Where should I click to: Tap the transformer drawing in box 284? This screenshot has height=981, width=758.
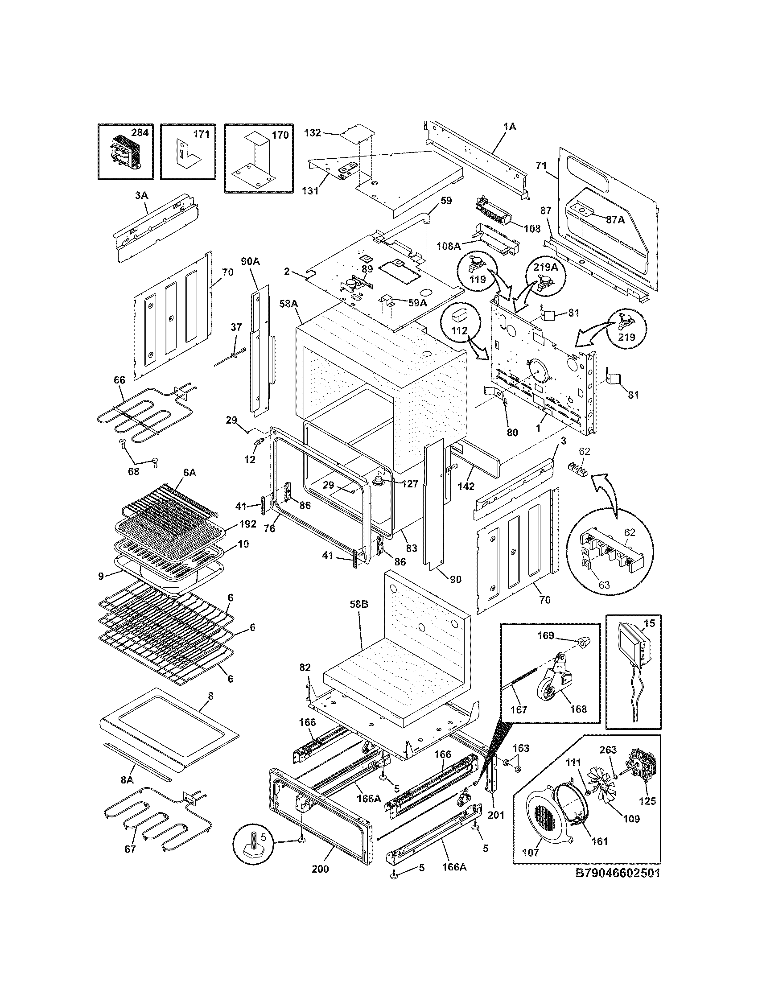[121, 156]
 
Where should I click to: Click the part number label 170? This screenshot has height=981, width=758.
[280, 135]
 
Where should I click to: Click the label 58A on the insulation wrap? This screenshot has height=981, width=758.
[289, 304]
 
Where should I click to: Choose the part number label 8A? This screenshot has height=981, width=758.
[127, 780]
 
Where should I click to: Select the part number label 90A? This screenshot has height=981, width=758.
[250, 261]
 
